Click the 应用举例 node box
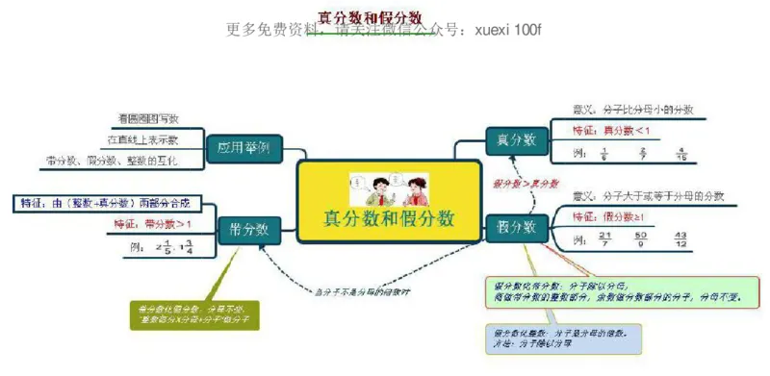(244, 149)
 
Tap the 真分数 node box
(516, 139)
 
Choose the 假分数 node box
(516, 227)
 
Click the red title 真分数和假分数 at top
(371, 16)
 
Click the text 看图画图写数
(146, 118)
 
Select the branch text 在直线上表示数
(142, 139)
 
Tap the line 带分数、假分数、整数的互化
(111, 161)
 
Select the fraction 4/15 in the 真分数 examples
(681, 152)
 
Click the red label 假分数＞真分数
(526, 183)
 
